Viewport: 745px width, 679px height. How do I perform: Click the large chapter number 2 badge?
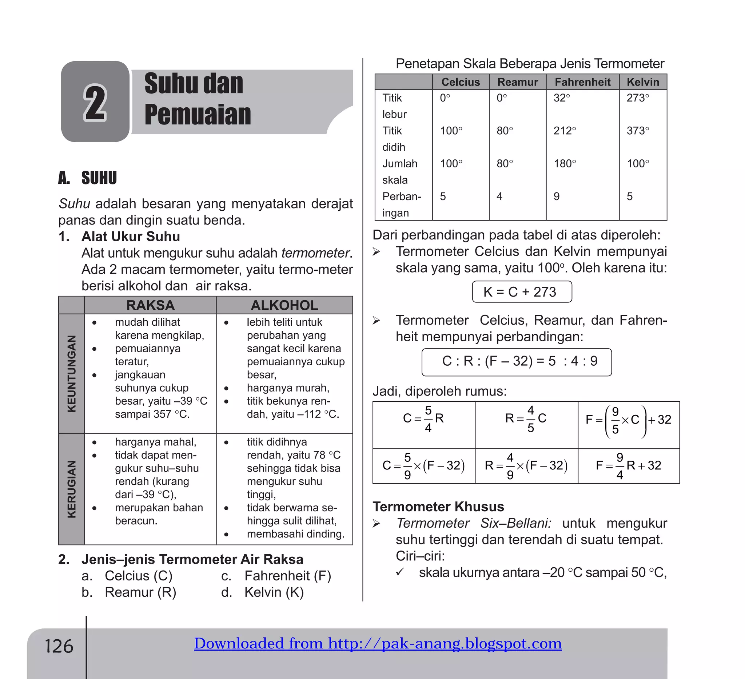pyautogui.click(x=95, y=102)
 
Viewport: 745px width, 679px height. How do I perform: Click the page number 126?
pyautogui.click(x=59, y=646)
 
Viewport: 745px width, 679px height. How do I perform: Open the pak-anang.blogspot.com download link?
pyautogui.click(x=378, y=643)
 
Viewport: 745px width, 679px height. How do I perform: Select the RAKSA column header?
pyautogui.click(x=150, y=305)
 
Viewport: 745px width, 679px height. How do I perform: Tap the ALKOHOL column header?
pyautogui.click(x=284, y=305)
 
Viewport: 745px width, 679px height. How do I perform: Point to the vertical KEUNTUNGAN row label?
pyautogui.click(x=71, y=373)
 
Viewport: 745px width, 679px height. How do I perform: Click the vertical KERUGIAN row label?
pyautogui.click(x=71, y=489)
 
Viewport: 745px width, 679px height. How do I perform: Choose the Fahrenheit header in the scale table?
pyautogui.click(x=582, y=82)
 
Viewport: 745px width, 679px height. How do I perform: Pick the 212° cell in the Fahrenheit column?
pyautogui.click(x=565, y=131)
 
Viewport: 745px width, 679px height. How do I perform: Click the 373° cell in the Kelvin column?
pyautogui.click(x=638, y=131)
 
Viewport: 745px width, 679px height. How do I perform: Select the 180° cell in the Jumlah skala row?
pyautogui.click(x=565, y=164)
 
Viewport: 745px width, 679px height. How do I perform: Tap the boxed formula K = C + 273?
pyautogui.click(x=521, y=292)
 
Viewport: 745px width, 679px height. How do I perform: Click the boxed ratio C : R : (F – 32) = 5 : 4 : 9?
pyautogui.click(x=516, y=361)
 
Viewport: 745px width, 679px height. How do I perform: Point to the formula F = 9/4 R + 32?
pyautogui.click(x=628, y=466)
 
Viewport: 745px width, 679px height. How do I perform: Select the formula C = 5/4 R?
pyautogui.click(x=423, y=419)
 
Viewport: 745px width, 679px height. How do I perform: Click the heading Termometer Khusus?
pyautogui.click(x=438, y=507)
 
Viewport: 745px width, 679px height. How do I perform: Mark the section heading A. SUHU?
pyautogui.click(x=88, y=178)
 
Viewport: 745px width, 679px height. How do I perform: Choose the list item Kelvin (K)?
pyautogui.click(x=274, y=592)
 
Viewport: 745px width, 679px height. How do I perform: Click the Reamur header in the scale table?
pyautogui.click(x=517, y=82)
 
